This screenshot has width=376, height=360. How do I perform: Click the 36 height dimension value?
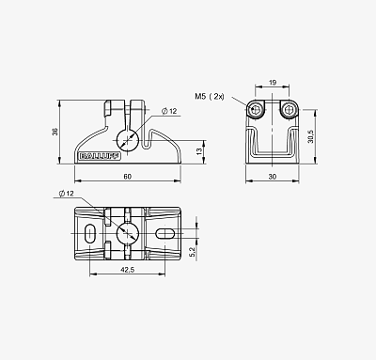click(55, 132)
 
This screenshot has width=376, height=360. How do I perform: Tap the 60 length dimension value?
click(127, 177)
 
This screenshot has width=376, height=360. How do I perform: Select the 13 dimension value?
click(199, 151)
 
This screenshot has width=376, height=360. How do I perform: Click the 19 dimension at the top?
click(273, 83)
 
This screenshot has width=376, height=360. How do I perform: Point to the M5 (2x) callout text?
click(210, 97)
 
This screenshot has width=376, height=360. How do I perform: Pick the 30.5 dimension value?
click(310, 136)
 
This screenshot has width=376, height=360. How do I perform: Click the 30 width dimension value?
click(273, 177)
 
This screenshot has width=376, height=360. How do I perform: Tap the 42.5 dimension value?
click(127, 269)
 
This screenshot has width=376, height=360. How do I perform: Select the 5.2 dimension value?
click(193, 252)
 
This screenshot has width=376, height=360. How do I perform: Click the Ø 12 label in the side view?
click(169, 111)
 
